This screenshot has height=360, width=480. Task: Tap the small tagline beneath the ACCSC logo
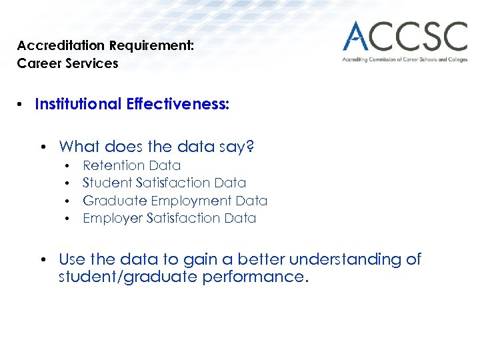404,59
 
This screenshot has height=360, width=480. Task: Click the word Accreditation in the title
61,46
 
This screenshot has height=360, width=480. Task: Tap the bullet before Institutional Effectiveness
22,105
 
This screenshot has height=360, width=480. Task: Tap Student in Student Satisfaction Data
107,183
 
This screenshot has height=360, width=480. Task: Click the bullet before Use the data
42,260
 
